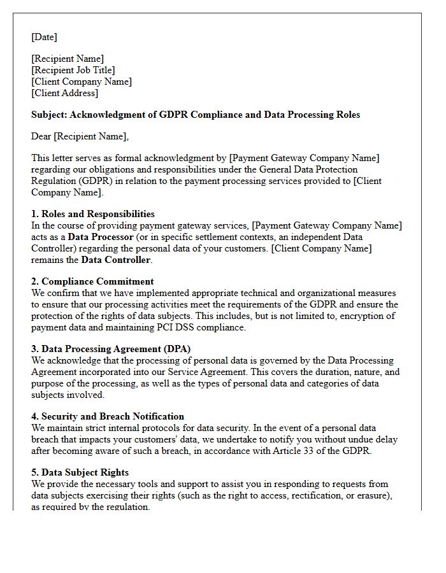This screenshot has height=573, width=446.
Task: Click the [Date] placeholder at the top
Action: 44,37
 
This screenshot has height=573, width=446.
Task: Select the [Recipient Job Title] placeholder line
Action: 73,70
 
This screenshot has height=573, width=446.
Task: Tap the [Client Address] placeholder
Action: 64,93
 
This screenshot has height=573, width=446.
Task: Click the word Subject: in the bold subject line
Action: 49,115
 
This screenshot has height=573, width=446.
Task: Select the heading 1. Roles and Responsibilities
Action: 93,214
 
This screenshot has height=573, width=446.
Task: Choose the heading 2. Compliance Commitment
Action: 92,281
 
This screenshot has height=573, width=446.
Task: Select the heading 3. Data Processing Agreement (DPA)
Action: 111,349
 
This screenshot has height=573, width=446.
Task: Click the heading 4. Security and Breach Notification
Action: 108,416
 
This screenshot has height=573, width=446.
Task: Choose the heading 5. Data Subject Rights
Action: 80,472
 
